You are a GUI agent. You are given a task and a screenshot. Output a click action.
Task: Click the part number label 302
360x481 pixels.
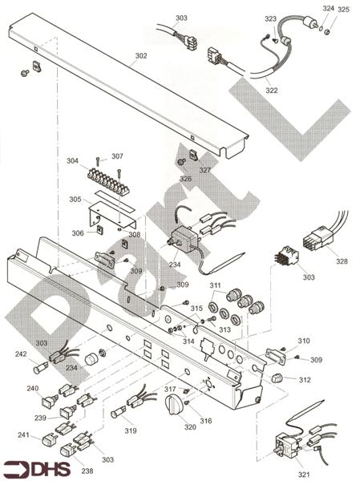[141, 56]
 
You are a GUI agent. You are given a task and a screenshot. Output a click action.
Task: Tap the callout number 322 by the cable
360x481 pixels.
[272, 91]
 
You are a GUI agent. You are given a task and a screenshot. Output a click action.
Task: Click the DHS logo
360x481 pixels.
[37, 467]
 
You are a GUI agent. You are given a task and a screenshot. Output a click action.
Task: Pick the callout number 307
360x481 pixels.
[117, 156]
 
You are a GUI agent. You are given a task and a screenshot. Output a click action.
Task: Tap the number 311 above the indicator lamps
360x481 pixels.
[216, 285]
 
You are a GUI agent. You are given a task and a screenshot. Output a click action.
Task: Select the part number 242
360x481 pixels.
[22, 353]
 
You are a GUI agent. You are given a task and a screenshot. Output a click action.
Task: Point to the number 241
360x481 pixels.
[24, 435]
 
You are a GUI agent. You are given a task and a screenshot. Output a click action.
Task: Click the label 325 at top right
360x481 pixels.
[343, 10]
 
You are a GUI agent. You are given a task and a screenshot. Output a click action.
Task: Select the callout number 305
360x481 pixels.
[75, 199]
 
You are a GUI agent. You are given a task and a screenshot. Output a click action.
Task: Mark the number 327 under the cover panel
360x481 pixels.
[205, 170]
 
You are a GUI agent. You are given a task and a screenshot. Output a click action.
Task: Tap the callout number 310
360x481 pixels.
[304, 341]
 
